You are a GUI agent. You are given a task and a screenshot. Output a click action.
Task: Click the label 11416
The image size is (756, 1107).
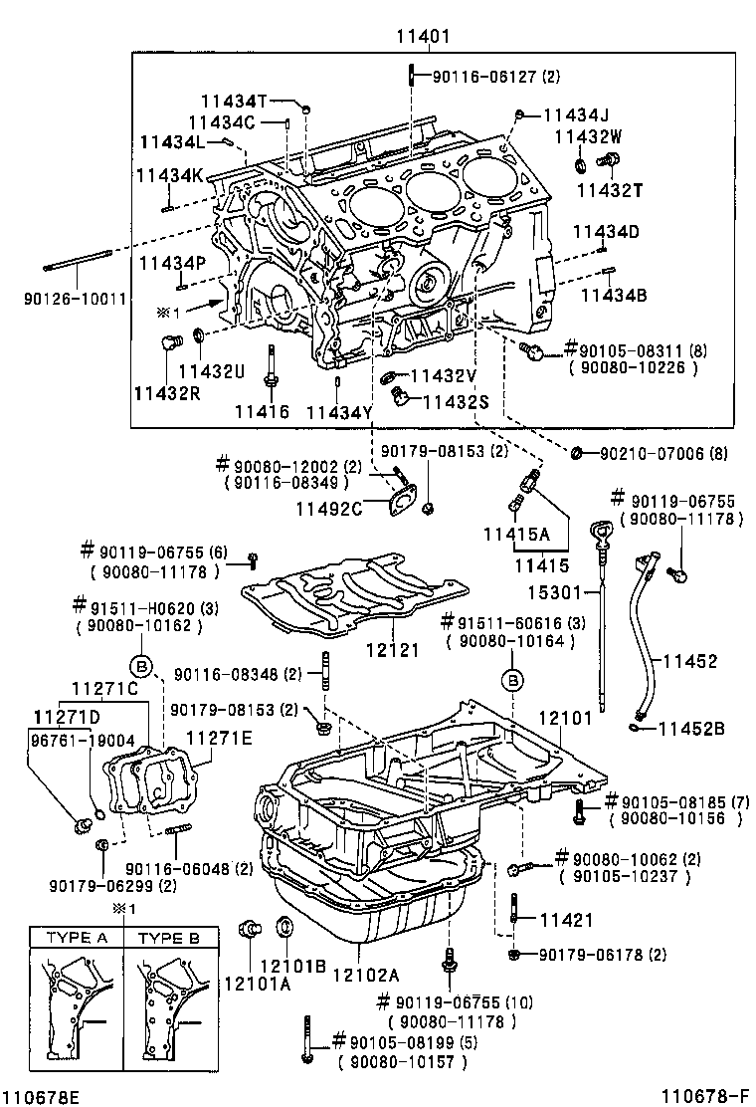coord(262,411)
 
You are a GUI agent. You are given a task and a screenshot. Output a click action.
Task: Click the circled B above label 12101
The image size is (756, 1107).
coord(512,681)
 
